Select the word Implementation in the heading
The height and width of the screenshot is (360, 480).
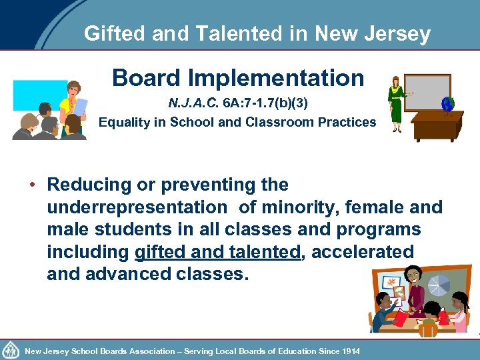276,78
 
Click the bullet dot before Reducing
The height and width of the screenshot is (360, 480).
31,185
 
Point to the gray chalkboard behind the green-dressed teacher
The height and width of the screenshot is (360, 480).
427,91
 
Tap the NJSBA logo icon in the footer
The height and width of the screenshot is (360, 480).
11,350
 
